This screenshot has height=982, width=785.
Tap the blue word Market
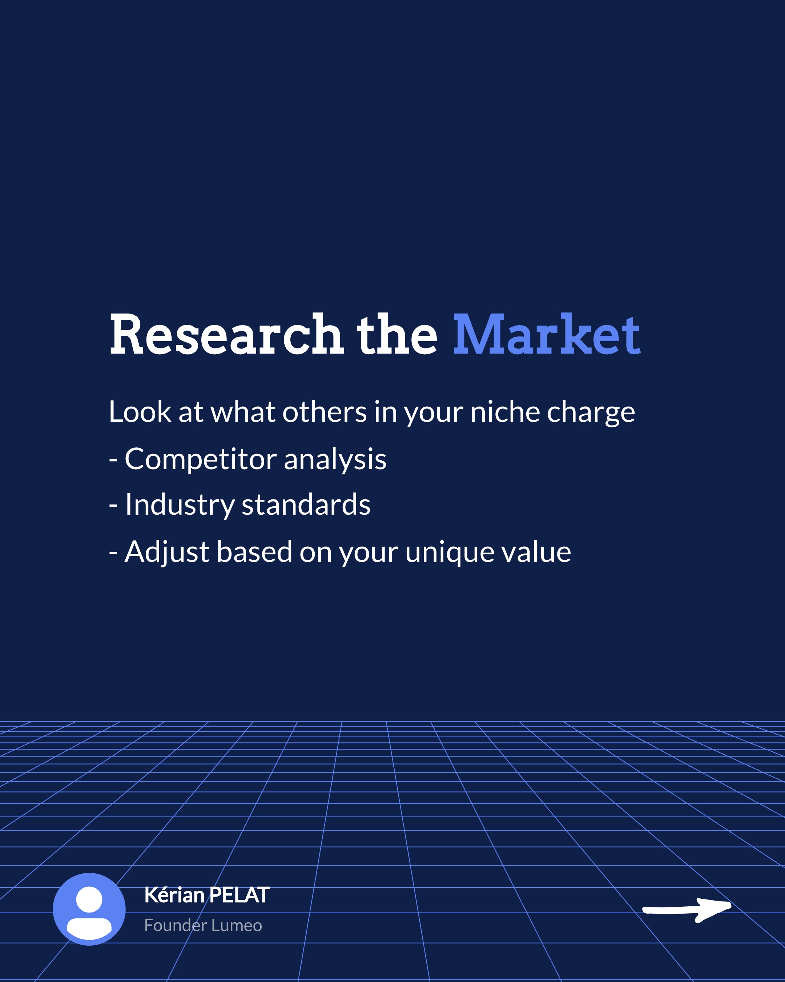(547, 334)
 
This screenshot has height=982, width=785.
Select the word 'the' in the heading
(397, 334)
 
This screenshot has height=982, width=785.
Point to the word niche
(505, 412)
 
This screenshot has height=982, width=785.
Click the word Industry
(179, 506)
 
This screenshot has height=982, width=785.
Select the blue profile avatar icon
(89, 909)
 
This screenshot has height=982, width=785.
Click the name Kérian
(174, 895)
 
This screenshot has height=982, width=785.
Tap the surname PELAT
(239, 895)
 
